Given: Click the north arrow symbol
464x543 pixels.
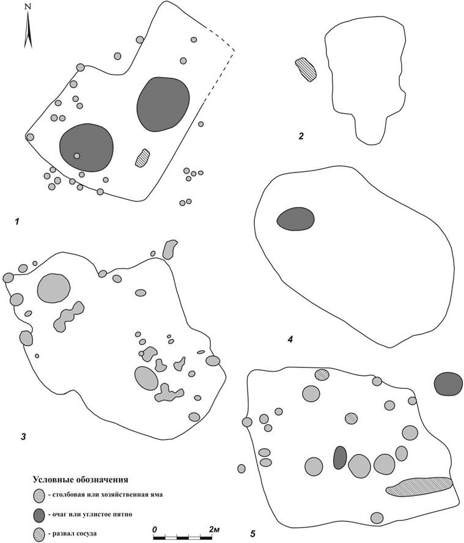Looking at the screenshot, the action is pyautogui.click(x=28, y=28).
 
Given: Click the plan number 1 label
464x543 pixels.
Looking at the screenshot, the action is pyautogui.click(x=17, y=221).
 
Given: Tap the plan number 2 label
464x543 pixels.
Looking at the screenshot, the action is pyautogui.click(x=301, y=136).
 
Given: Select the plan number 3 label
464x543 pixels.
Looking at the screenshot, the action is pyautogui.click(x=23, y=437).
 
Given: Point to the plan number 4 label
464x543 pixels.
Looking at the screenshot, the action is pyautogui.click(x=290, y=340).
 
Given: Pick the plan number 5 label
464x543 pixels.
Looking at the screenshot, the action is pyautogui.click(x=252, y=534).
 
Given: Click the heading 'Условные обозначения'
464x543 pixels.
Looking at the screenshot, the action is pyautogui.click(x=80, y=479).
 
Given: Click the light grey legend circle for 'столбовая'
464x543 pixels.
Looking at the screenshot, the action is pyautogui.click(x=39, y=496).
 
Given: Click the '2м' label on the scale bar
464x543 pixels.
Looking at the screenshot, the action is pyautogui.click(x=215, y=530).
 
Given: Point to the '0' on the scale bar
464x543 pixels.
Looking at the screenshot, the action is pyautogui.click(x=154, y=530).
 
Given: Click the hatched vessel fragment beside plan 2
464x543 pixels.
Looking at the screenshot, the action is pyautogui.click(x=306, y=70).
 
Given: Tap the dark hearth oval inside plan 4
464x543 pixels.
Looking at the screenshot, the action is pyautogui.click(x=295, y=219).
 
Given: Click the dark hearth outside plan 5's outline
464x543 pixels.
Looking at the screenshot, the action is pyautogui.click(x=448, y=383).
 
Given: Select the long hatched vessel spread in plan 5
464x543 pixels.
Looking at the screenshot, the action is pyautogui.click(x=419, y=486).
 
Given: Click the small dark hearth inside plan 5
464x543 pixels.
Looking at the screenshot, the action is pyautogui.click(x=340, y=457).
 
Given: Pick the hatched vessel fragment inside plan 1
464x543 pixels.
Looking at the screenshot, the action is pyautogui.click(x=142, y=158).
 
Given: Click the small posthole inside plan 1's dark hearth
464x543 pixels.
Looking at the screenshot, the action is pyautogui.click(x=77, y=156).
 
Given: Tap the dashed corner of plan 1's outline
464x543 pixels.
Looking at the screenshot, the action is pyautogui.click(x=234, y=51).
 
